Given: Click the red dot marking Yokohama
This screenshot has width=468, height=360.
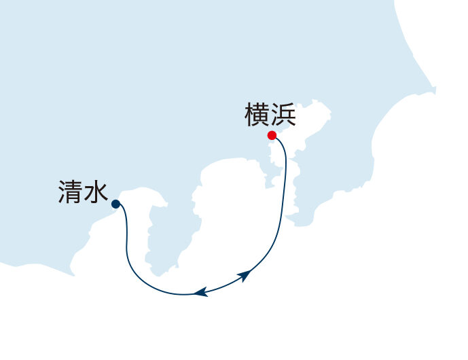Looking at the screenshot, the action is coord(272,136).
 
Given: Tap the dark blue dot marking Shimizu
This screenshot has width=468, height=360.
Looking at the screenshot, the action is coord(115,204).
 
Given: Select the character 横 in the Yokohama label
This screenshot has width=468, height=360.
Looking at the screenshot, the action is coord(257,115).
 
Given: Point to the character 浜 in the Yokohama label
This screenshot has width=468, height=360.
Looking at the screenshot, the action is coord(283,115).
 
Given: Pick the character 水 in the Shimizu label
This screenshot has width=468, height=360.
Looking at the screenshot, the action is coord(96,192).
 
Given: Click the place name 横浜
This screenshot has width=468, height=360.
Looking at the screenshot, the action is coord(270,115).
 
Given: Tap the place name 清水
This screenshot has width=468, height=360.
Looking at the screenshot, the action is coord(83,192).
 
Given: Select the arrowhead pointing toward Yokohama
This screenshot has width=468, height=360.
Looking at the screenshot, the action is coord(244,275).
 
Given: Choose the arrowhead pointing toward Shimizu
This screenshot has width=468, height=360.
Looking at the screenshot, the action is coord(200,292).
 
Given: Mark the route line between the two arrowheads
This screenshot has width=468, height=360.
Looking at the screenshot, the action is coord(222,285).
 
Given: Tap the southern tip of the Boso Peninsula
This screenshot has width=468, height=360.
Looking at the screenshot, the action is coord(298,224).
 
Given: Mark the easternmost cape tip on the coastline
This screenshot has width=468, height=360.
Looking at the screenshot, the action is coord(435,89).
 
